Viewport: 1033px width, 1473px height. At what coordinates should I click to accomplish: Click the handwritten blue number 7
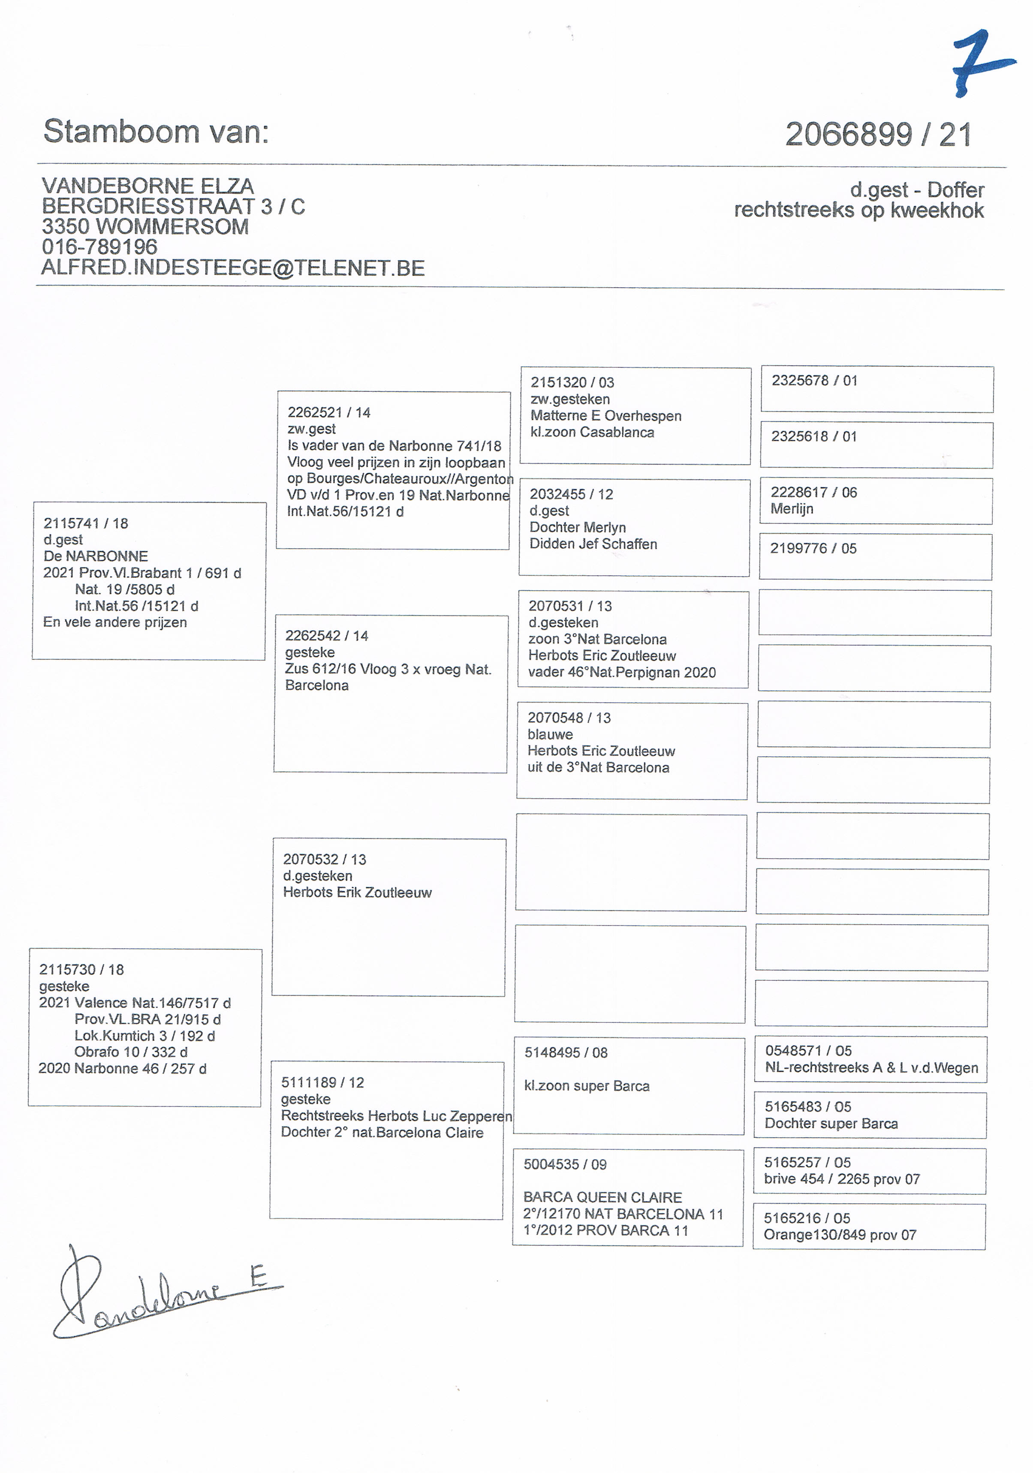tap(980, 63)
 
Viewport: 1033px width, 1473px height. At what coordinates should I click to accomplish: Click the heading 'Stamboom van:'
tap(156, 132)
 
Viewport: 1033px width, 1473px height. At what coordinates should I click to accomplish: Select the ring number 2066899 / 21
tap(878, 135)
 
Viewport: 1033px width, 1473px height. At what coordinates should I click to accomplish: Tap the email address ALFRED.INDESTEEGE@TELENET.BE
tap(233, 268)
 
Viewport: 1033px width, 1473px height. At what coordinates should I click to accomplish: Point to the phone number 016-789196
tap(99, 247)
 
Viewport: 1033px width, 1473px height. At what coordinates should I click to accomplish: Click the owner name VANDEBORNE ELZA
tap(148, 186)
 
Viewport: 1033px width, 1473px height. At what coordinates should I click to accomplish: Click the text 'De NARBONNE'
tap(96, 556)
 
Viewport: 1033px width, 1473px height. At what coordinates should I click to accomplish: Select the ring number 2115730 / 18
tap(81, 969)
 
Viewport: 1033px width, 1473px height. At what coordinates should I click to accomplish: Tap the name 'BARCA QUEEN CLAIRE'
tap(602, 1197)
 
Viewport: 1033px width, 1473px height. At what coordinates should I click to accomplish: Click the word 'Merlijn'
tap(792, 509)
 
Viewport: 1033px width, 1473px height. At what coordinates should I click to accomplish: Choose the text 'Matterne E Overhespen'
tap(605, 416)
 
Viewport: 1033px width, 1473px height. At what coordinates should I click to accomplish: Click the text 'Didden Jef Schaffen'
tap(593, 544)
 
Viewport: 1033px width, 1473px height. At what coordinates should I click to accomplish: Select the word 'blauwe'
tap(550, 735)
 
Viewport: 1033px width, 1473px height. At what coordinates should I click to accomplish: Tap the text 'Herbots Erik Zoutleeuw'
tap(357, 893)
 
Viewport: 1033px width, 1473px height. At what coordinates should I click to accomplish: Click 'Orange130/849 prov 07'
tap(839, 1235)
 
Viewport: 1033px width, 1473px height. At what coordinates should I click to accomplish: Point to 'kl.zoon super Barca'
tap(587, 1086)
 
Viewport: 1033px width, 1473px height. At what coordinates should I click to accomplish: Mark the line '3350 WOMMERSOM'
tap(145, 226)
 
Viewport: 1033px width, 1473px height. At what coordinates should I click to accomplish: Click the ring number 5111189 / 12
tap(322, 1083)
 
